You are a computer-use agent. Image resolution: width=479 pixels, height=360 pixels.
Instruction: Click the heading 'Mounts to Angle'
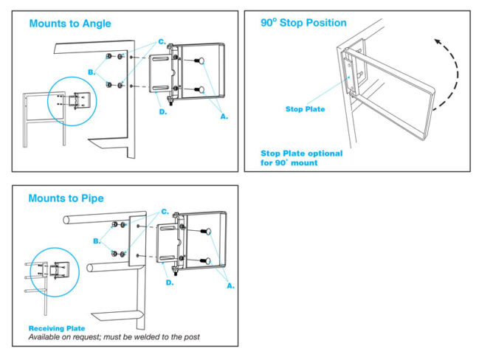[x=70, y=24]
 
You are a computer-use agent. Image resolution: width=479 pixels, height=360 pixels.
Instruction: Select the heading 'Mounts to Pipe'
[x=66, y=198]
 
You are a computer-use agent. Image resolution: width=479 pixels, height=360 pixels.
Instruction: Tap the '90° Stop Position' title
[x=303, y=23]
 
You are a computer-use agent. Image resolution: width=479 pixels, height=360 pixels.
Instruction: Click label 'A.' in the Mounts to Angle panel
[x=224, y=115]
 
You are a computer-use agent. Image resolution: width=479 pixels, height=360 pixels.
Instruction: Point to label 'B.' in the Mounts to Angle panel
[x=92, y=72]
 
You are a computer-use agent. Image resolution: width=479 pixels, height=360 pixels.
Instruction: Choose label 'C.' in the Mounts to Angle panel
[x=162, y=42]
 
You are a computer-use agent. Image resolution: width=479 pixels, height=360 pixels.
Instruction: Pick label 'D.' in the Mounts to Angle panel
[x=162, y=112]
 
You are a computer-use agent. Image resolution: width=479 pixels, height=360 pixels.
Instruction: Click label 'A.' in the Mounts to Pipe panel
[x=230, y=285]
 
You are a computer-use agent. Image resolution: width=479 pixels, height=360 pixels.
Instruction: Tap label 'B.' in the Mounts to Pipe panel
[x=96, y=240]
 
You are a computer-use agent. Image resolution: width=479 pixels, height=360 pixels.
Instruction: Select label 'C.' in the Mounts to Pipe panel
[x=165, y=212]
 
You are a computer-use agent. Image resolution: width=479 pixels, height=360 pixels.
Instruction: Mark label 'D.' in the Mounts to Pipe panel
[x=169, y=282]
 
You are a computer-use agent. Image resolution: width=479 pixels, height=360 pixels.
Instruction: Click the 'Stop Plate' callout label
[x=305, y=109]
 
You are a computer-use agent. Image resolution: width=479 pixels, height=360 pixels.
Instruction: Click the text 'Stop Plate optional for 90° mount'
[x=301, y=158]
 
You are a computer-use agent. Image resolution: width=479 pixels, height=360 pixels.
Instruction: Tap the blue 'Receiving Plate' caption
[x=56, y=328]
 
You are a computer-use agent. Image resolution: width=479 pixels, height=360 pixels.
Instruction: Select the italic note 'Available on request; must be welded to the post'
[x=114, y=337]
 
